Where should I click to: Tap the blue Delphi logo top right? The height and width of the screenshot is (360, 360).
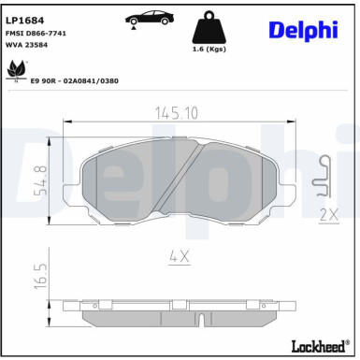point(303,29)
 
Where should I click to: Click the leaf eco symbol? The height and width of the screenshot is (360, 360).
point(15,70)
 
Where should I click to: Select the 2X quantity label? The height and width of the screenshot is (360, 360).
point(327,214)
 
